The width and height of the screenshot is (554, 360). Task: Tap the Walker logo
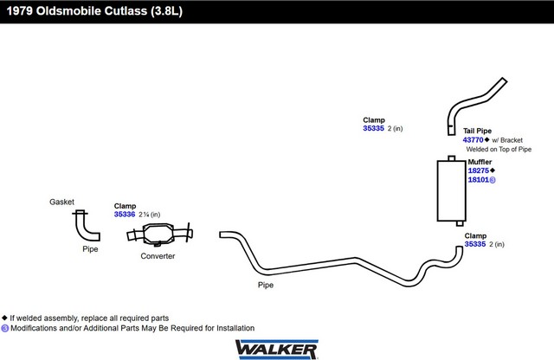click(x=277, y=350)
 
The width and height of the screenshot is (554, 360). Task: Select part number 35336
click(x=125, y=215)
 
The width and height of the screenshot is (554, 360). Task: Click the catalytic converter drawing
click(x=159, y=234)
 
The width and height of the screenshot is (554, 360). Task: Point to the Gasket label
click(x=61, y=202)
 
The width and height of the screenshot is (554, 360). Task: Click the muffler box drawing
click(x=452, y=190)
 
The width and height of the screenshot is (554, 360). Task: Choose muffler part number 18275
click(x=479, y=170)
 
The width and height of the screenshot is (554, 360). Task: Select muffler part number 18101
click(x=479, y=180)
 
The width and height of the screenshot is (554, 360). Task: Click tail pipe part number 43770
click(x=473, y=140)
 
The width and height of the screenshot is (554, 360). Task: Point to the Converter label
click(x=158, y=256)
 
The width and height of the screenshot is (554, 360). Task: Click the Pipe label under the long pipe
click(x=266, y=285)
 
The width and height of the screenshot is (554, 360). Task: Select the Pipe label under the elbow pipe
click(x=90, y=249)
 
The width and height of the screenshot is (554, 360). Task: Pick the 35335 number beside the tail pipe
click(x=373, y=129)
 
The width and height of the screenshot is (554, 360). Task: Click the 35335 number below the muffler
click(x=475, y=244)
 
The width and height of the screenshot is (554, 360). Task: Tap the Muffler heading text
click(x=480, y=162)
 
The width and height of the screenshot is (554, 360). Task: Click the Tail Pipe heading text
click(x=477, y=131)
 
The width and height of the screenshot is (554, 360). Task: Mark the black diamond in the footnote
click(x=4, y=318)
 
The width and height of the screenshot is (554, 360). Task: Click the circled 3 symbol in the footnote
click(x=5, y=328)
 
